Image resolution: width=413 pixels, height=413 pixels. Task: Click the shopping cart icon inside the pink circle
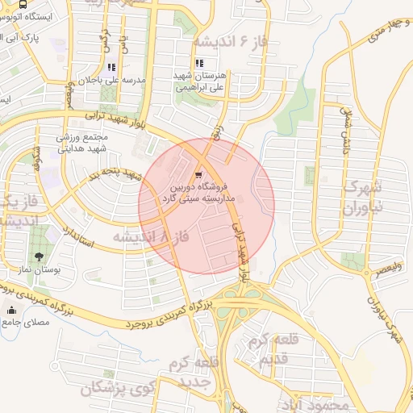[x=199, y=175]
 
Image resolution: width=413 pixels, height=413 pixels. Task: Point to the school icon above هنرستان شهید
[x=198, y=65]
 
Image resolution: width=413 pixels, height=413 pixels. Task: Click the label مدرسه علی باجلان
[x=111, y=81]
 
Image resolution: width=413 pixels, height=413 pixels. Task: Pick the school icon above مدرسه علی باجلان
[x=111, y=68]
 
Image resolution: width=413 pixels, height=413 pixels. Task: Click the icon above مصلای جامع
[x=11, y=311]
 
